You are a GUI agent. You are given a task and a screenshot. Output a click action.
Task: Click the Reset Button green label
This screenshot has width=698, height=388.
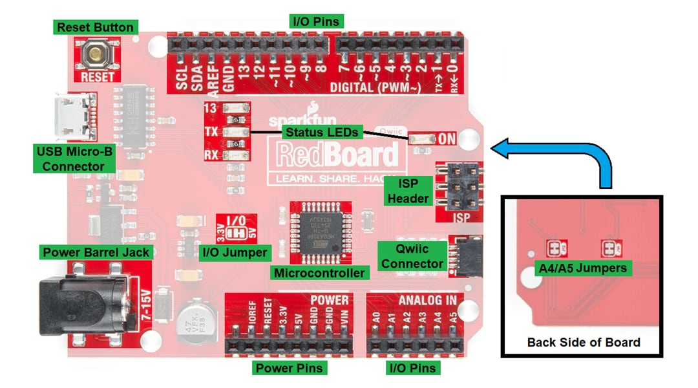[x=95, y=27]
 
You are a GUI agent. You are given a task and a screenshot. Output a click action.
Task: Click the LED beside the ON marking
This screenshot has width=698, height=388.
[x=421, y=138]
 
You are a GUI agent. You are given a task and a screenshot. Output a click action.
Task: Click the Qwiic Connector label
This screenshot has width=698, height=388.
[x=412, y=256]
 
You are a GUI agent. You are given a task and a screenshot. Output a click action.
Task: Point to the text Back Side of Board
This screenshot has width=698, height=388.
[x=583, y=342]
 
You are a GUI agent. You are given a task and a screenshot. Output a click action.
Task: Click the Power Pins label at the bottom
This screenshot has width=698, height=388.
[x=288, y=368]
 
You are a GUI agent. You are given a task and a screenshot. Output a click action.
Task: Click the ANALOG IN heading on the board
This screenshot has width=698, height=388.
[x=427, y=300]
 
